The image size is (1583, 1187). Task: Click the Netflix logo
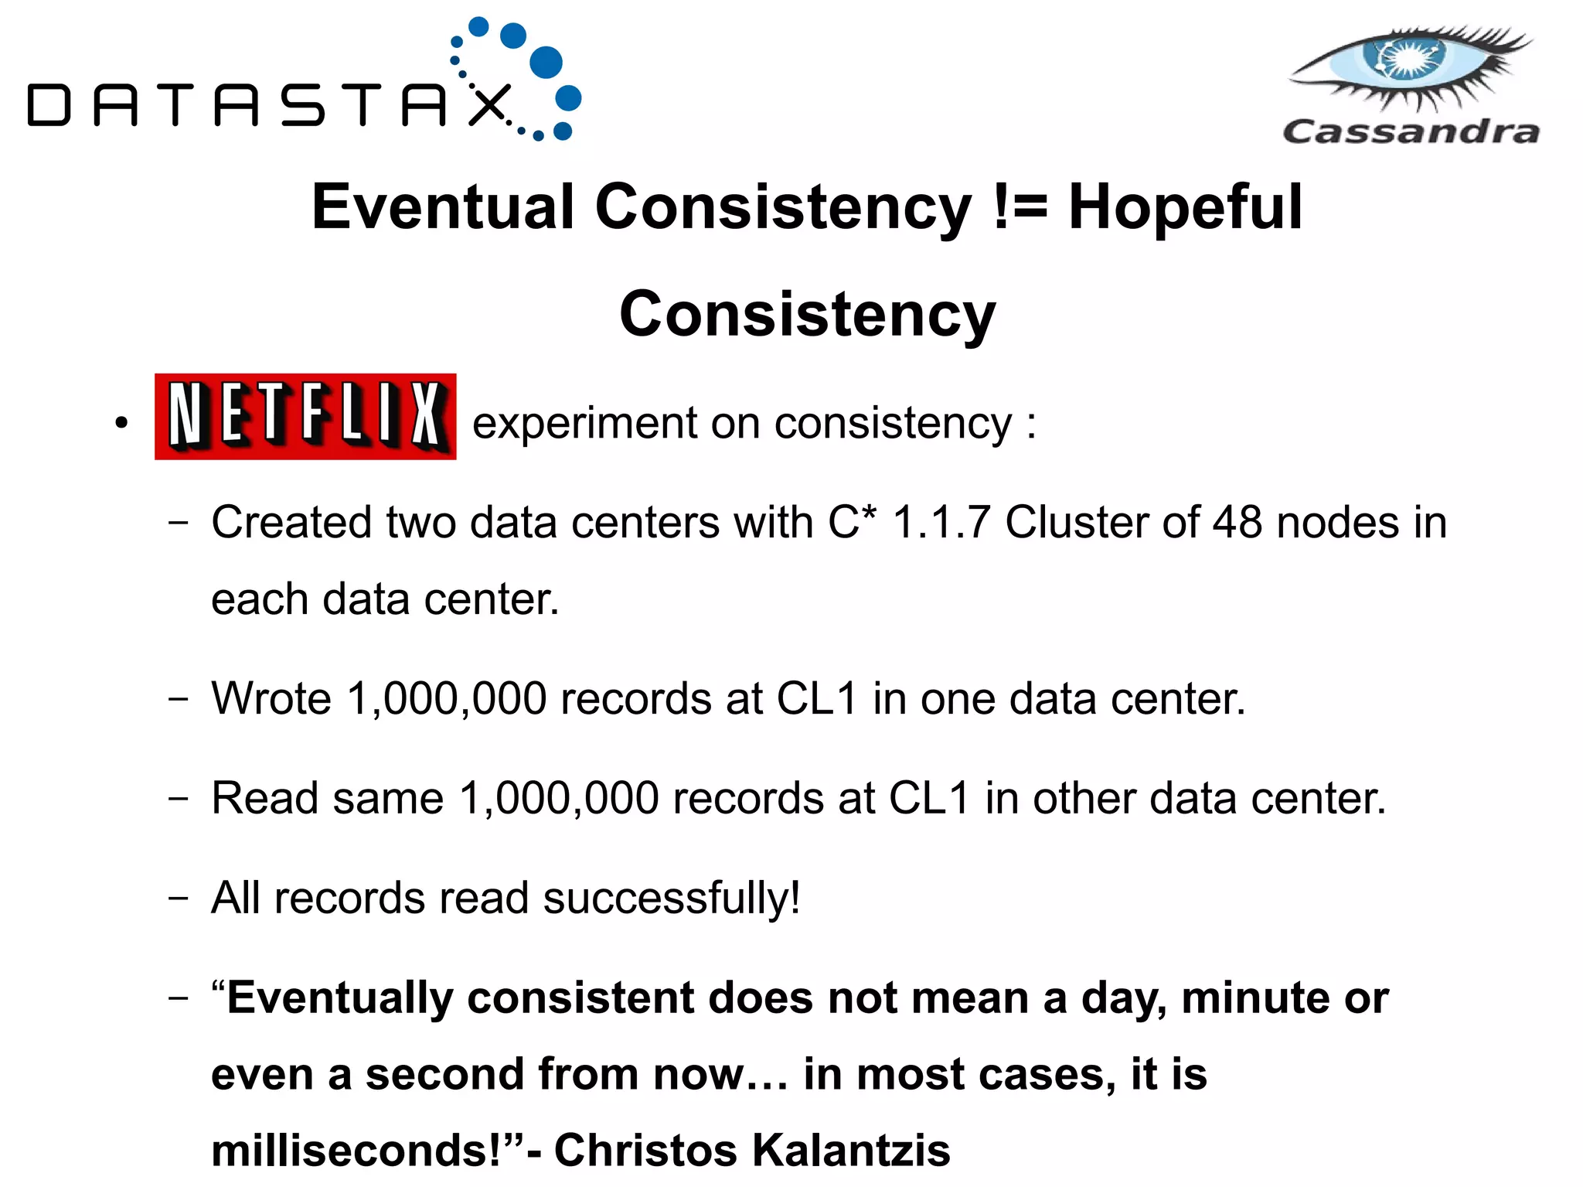[x=305, y=416]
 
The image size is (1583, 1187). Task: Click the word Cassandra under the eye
[x=1411, y=131]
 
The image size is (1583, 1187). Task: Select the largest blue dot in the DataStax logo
[x=546, y=62]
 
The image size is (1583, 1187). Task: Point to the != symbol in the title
[x=1020, y=207]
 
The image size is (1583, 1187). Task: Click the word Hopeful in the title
[x=1185, y=207]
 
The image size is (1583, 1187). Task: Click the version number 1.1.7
[x=941, y=522]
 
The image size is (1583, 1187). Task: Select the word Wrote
[x=271, y=698]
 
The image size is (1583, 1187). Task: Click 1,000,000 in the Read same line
[x=558, y=798]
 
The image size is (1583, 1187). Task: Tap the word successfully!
[x=671, y=899]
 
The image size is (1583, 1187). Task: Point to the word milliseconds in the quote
[x=356, y=1150]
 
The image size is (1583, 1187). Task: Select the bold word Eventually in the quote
[x=339, y=998]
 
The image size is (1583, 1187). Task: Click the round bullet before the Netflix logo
[x=121, y=423]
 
